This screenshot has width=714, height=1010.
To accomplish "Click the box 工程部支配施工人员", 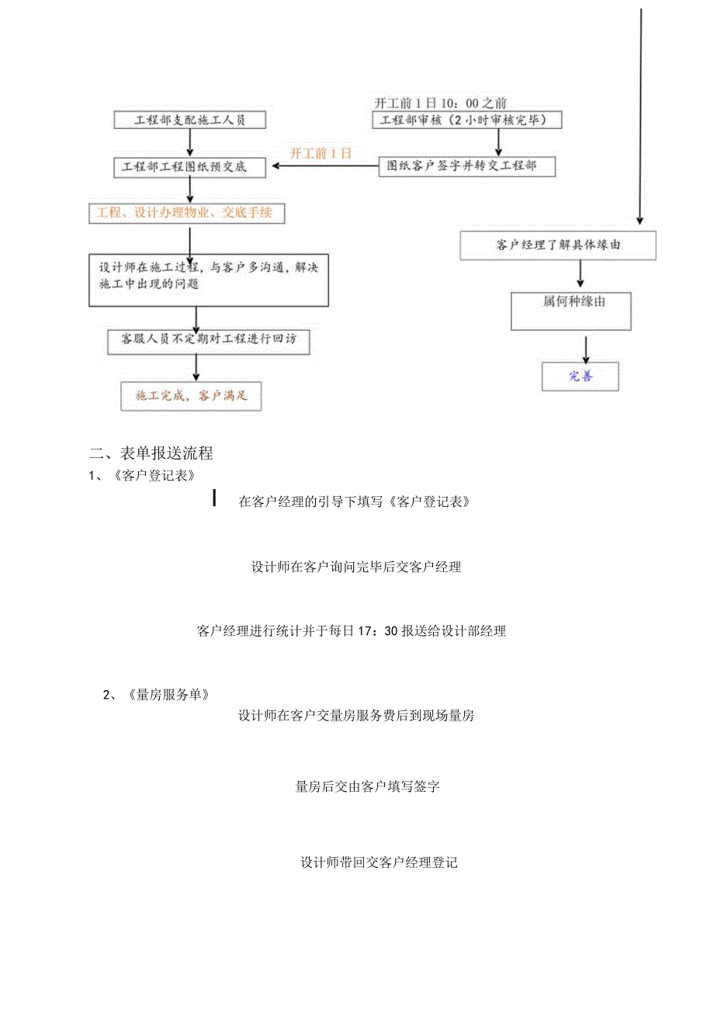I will [x=190, y=120].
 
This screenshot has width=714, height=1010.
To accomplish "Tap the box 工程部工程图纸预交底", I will [x=190, y=166].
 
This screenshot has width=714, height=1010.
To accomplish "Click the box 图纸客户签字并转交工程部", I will [x=467, y=166].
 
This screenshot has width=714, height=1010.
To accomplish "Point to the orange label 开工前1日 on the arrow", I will [x=321, y=153].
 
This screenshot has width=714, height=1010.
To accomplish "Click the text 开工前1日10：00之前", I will [x=441, y=102].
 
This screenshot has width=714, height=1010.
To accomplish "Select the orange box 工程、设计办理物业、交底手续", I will [x=186, y=213].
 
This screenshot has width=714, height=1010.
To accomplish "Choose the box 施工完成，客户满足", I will [x=190, y=396].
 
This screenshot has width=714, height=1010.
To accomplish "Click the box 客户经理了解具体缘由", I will [x=558, y=245].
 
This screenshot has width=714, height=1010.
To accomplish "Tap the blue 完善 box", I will [x=581, y=377].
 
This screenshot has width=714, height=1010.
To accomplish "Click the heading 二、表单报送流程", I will [x=151, y=453].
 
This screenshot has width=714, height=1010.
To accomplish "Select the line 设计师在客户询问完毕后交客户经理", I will [x=356, y=567].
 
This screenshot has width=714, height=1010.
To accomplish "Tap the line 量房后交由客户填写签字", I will [x=368, y=786].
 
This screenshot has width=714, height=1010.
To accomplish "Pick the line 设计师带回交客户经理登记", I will [x=379, y=862].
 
